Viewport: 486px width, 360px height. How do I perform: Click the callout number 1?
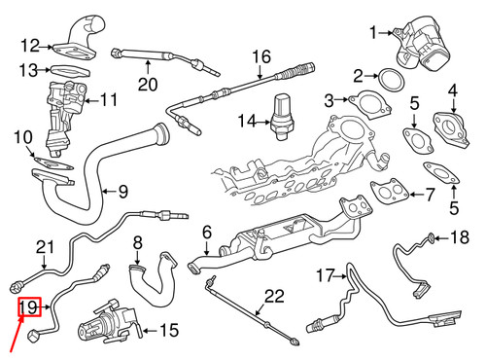point(373,34)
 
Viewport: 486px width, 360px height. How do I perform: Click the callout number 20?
point(147,84)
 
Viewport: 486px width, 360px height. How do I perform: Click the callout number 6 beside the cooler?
point(206,233)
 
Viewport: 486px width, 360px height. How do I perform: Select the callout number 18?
point(460,236)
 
